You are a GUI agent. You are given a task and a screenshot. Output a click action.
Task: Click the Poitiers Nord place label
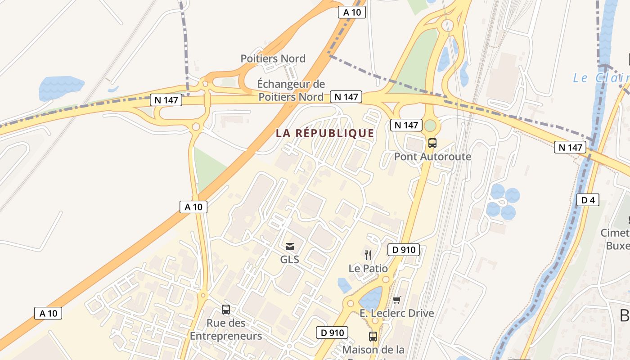point(273,58)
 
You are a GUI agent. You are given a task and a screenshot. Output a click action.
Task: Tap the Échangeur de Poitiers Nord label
point(291,90)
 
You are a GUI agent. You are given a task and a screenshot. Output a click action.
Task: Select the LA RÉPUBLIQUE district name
point(325,133)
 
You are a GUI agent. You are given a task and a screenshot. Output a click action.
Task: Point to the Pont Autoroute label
point(432,157)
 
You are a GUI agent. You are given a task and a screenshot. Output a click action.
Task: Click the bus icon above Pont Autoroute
point(432,143)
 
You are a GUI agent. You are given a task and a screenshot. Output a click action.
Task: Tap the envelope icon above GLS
point(290,246)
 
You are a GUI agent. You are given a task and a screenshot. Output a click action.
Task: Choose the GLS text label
point(290,260)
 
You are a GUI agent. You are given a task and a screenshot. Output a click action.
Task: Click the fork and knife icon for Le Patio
point(368,255)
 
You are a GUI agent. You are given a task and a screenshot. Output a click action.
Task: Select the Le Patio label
point(368,269)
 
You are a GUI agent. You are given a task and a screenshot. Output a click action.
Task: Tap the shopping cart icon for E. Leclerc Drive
point(396,300)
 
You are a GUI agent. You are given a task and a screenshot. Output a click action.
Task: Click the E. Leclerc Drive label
point(397,313)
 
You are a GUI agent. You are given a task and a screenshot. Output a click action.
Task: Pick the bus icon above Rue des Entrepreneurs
point(226,310)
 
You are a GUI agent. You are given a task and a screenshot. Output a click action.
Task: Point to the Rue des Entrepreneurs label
point(226,329)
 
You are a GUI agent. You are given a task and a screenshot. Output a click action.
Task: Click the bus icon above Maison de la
point(373,336)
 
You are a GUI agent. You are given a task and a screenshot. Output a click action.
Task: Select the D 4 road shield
point(588,200)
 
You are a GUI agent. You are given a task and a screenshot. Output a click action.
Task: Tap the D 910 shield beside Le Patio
point(403,250)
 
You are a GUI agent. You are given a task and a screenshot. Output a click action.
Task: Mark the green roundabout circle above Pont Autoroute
point(431,126)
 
